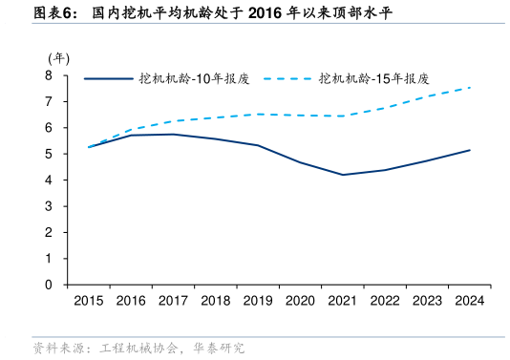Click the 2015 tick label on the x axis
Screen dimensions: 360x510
88,301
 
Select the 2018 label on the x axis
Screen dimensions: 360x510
215,301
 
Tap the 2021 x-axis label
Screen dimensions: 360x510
342,301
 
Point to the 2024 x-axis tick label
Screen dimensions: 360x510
468,301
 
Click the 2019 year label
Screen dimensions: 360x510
257,301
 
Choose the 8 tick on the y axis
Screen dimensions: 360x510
49,74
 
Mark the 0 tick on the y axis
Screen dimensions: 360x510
49,285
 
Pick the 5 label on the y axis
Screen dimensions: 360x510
49,154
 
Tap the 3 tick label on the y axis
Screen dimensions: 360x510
49,206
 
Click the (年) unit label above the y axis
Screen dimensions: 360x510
58,58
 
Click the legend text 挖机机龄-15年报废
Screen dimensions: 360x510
373,78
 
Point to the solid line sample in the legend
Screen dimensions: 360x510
108,78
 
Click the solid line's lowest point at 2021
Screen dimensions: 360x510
342,175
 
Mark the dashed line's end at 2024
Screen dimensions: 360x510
469,88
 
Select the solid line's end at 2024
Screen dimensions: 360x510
469,150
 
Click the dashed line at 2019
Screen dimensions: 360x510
257,114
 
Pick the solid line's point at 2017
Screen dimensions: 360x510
173,134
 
